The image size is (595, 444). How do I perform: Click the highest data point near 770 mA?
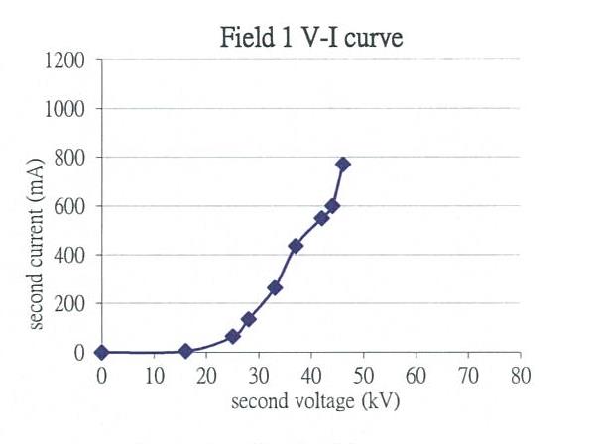click(x=343, y=164)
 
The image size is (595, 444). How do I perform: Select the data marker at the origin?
click(x=101, y=352)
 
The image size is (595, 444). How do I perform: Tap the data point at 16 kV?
click(x=185, y=351)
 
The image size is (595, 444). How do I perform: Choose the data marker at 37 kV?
click(x=296, y=246)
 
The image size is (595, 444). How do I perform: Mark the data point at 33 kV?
click(x=275, y=287)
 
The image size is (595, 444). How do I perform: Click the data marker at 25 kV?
click(x=233, y=337)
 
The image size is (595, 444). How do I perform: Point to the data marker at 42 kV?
click(x=321, y=218)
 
